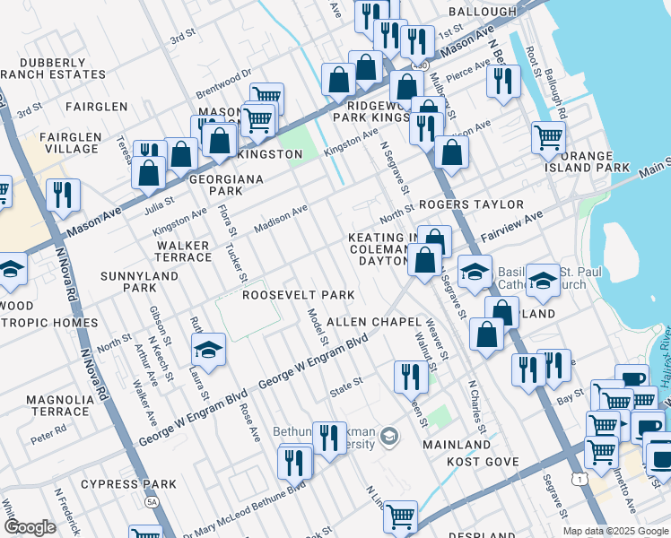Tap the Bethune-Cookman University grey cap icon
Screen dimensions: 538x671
(x=389, y=437)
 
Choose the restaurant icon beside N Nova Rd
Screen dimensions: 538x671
(x=63, y=195)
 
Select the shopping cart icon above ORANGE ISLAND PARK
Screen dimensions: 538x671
(x=548, y=138)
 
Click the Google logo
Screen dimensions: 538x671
(x=30, y=527)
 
